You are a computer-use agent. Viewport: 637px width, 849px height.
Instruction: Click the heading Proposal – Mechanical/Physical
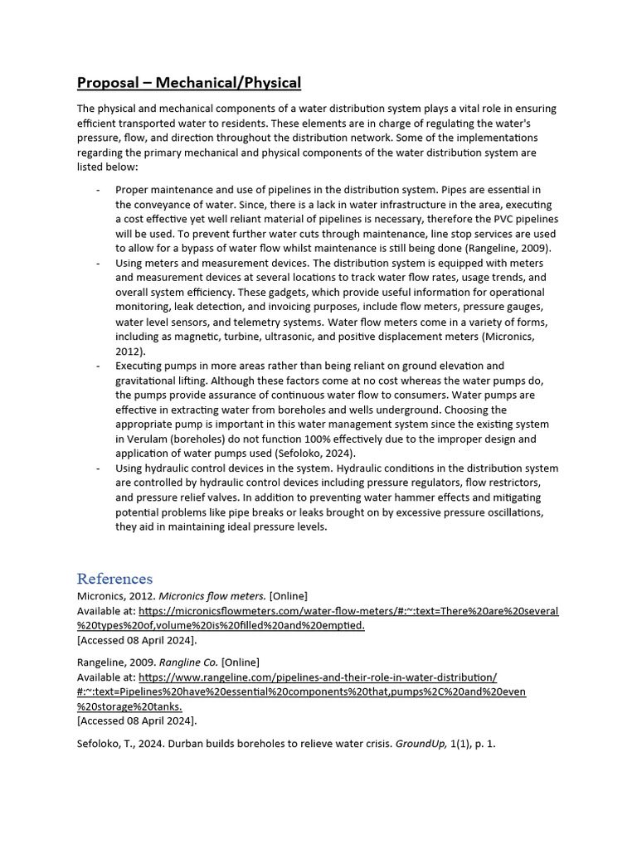[x=189, y=83]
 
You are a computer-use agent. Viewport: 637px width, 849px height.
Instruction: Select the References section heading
[x=114, y=578]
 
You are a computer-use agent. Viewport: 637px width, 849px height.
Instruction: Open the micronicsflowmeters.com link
[x=348, y=611]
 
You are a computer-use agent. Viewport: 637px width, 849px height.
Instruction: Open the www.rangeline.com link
[x=318, y=677]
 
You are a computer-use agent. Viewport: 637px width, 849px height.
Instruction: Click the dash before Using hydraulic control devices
[x=98, y=468]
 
